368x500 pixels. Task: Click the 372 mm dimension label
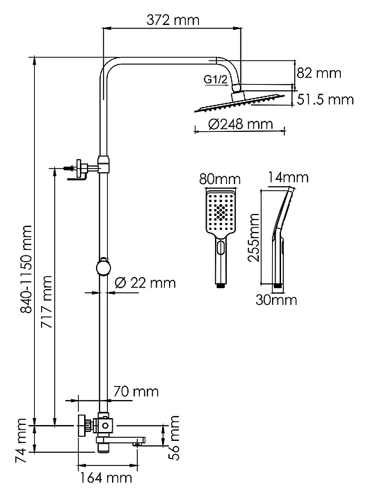(x=173, y=20)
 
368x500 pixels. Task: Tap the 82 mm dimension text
(x=319, y=73)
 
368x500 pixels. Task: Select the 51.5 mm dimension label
(x=325, y=99)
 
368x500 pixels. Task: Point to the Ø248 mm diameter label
(x=241, y=124)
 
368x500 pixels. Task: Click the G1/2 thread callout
(x=216, y=79)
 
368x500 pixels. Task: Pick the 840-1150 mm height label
(x=26, y=269)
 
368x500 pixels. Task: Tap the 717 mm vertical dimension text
(x=47, y=302)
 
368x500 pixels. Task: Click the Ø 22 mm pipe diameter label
(x=145, y=283)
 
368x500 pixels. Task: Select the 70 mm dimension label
(x=136, y=391)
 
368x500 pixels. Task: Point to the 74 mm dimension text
(x=21, y=441)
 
